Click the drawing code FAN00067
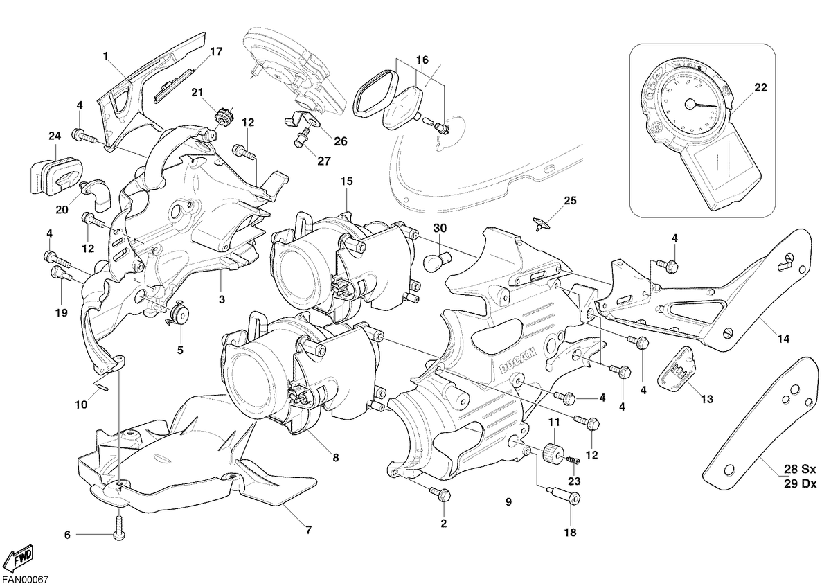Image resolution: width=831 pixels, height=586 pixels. (25, 579)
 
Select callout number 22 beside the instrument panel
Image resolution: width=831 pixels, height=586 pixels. (760, 87)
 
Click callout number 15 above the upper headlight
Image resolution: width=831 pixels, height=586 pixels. (346, 181)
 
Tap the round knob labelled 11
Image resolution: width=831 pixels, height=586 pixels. (553, 454)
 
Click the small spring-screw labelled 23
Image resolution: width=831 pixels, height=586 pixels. (573, 461)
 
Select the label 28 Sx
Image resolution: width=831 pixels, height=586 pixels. (800, 469)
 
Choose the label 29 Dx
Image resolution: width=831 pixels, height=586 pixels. (801, 484)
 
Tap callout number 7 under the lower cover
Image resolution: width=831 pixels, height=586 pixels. (308, 530)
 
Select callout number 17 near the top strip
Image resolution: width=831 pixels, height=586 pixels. (216, 51)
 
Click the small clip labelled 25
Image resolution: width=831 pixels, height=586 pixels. (541, 224)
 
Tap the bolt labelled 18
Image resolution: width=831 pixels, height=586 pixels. (564, 495)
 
